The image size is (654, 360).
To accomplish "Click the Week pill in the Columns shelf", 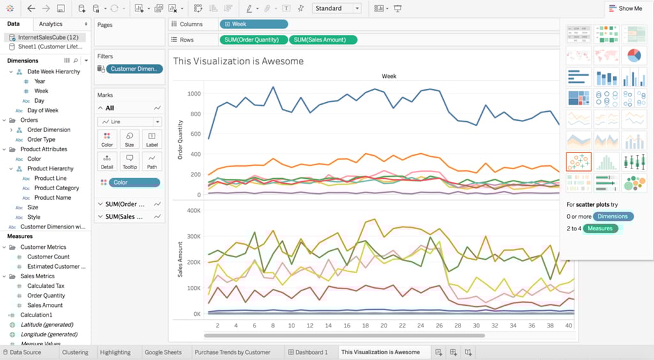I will pyautogui.click(x=253, y=24).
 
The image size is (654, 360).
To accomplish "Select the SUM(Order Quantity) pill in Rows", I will pyautogui.click(x=253, y=40).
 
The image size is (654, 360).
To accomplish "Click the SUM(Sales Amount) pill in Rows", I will pyautogui.click(x=323, y=40).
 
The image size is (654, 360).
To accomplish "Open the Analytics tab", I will pyautogui.click(x=51, y=24).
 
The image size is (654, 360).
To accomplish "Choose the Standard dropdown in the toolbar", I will pyautogui.click(x=337, y=8).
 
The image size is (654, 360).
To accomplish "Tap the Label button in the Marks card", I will pyautogui.click(x=151, y=139).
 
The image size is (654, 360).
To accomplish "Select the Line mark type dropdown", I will pyautogui.click(x=130, y=122).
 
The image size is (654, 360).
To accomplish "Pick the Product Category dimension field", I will pyautogui.click(x=57, y=188).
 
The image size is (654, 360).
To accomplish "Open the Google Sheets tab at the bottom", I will pyautogui.click(x=163, y=352).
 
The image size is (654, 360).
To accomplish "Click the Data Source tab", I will pyautogui.click(x=25, y=352).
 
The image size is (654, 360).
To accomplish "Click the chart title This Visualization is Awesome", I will pyautogui.click(x=238, y=61).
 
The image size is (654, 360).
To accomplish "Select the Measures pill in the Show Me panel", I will pyautogui.click(x=600, y=229).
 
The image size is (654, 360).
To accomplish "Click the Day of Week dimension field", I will pyautogui.click(x=43, y=110).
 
